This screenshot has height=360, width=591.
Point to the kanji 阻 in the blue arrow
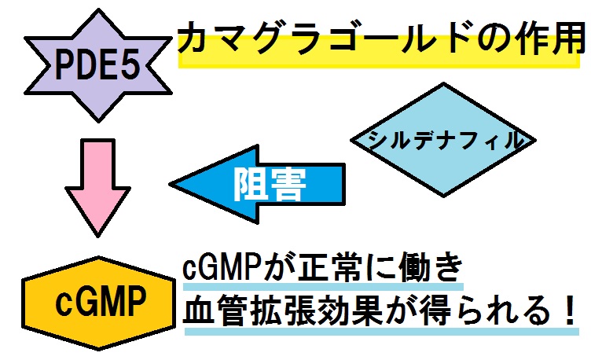[251, 186]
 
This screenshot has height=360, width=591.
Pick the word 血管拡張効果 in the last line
[278, 312]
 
